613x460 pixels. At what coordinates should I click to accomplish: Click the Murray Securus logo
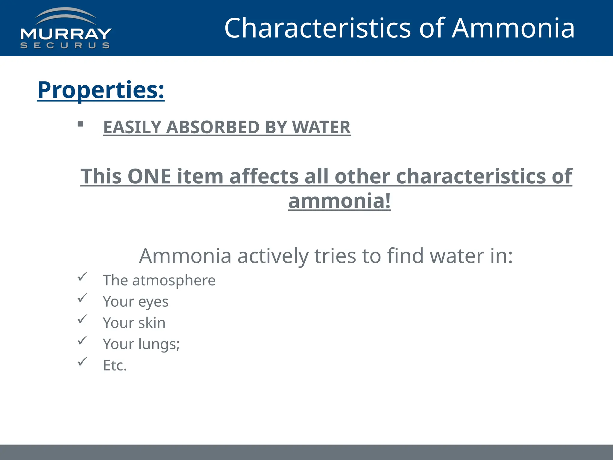(66, 29)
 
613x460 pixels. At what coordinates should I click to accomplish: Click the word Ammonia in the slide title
(513, 28)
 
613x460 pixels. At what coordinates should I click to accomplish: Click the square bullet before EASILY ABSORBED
(80, 124)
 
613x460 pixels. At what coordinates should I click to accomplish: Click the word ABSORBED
(213, 127)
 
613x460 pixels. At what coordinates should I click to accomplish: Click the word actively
(273, 256)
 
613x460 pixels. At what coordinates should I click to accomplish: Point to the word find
(405, 256)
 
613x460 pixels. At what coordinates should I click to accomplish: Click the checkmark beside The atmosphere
(82, 276)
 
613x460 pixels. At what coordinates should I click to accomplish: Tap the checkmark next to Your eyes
(82, 298)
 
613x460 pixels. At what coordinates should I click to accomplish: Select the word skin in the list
(152, 323)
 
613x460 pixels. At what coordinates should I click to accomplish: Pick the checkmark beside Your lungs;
(82, 340)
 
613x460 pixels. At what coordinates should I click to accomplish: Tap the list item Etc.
(115, 365)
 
